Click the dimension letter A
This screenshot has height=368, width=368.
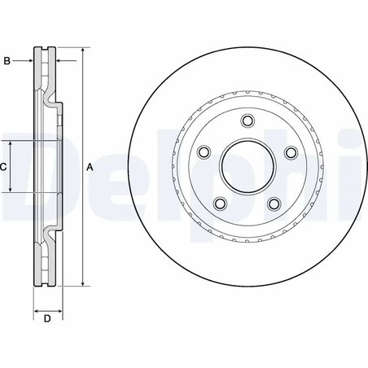click(x=90, y=167)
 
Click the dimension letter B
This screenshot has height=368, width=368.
click(x=7, y=60)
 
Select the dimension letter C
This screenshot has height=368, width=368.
click(x=3, y=167)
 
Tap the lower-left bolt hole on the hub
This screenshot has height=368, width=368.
click(x=219, y=204)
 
